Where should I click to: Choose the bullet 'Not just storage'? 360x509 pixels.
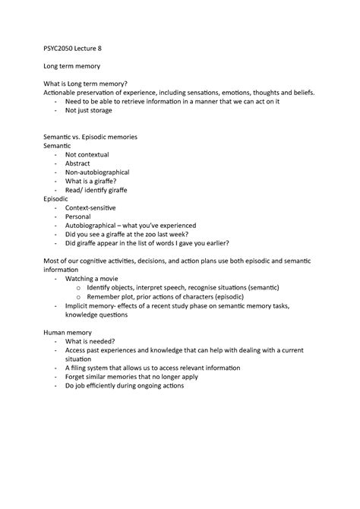[88, 110]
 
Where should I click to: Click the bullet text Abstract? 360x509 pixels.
[77, 163]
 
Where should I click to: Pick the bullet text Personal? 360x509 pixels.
[78, 216]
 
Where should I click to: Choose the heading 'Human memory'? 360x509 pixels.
[69, 333]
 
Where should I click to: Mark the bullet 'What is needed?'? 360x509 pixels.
[91, 342]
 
